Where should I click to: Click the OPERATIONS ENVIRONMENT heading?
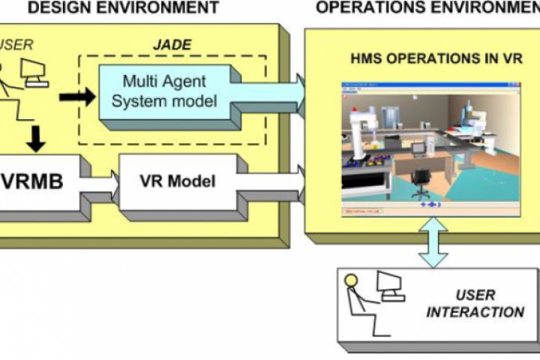click(x=427, y=8)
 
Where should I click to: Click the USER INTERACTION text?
click(x=475, y=304)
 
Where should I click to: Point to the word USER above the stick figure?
click(x=18, y=45)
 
